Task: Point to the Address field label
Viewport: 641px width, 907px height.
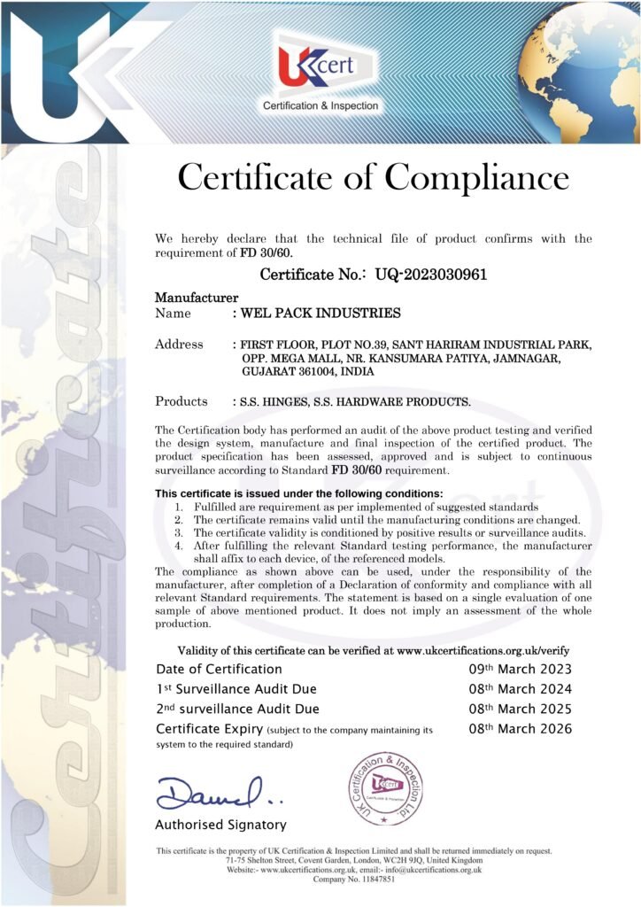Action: click(180, 344)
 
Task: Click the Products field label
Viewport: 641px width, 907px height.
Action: click(181, 401)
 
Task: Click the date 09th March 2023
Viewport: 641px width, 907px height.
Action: click(520, 669)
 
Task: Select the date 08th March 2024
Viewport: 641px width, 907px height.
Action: click(520, 689)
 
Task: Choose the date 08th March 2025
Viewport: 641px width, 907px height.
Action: click(520, 709)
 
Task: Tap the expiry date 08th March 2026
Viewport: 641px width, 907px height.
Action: click(520, 729)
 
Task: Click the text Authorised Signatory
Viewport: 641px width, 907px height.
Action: click(220, 825)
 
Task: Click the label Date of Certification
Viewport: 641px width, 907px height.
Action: click(219, 669)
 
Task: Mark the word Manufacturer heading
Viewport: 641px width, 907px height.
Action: click(197, 297)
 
